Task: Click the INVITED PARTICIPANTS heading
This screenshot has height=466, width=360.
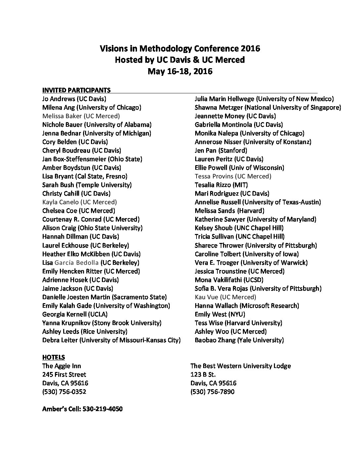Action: (x=76, y=90)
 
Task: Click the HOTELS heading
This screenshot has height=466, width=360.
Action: (x=54, y=357)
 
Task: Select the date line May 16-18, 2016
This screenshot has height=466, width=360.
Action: (x=180, y=71)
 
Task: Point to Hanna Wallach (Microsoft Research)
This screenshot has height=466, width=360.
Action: (x=247, y=305)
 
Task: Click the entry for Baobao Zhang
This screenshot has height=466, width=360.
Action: (x=239, y=340)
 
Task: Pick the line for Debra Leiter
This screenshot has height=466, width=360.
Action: (x=111, y=340)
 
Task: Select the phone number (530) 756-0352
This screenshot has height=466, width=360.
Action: (x=64, y=392)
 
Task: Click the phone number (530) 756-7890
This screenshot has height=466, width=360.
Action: (x=212, y=392)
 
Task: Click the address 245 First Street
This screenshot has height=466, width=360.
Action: (x=64, y=375)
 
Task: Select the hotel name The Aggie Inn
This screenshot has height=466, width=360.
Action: (x=62, y=366)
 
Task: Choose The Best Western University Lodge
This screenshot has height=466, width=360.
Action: (x=241, y=366)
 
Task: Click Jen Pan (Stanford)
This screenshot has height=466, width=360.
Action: (x=221, y=150)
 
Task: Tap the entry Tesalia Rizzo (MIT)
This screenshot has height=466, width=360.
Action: (x=221, y=185)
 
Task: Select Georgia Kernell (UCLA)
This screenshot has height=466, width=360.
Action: (x=75, y=314)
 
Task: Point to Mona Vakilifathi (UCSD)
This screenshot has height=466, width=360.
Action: (x=229, y=280)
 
